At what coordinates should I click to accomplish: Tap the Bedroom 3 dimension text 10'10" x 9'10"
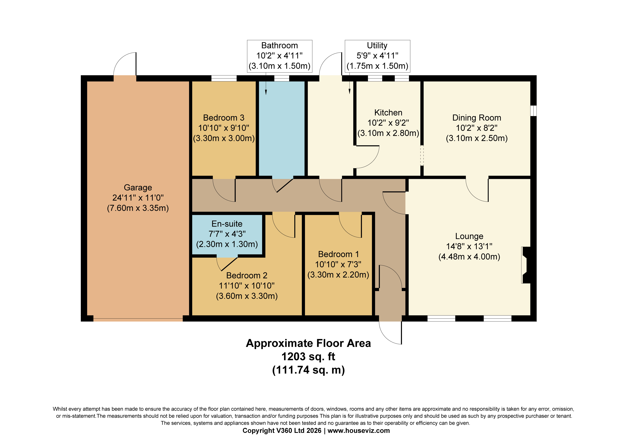coord(224,128)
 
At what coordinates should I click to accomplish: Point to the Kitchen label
coord(388,112)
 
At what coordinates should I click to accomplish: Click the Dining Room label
coord(477,118)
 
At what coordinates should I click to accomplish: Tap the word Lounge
coord(469,236)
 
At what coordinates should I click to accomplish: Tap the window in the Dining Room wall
coord(534,111)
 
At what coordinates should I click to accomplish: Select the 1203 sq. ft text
coord(308,357)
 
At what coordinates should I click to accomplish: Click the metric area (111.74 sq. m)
coord(308,370)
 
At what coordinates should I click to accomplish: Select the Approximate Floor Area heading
coord(308,343)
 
